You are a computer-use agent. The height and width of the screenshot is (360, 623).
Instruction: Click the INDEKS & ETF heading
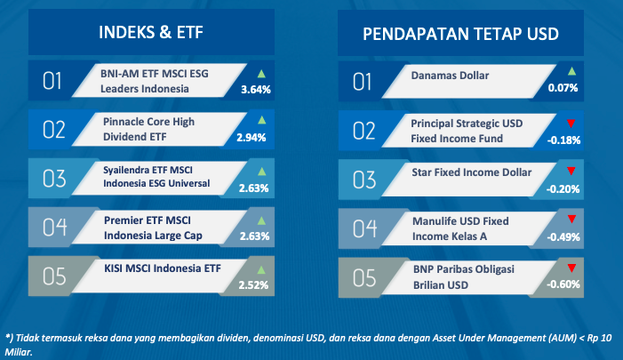(x=151, y=33)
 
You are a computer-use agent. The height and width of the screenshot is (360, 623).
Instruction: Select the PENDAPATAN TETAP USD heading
(x=460, y=34)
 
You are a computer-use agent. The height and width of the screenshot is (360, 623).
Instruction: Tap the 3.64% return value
(x=256, y=90)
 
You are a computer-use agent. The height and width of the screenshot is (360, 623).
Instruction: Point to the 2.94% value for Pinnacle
(x=252, y=138)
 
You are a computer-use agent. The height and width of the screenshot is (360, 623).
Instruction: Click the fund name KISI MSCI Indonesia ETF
(x=163, y=268)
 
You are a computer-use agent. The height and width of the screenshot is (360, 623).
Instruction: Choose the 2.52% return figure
(x=253, y=285)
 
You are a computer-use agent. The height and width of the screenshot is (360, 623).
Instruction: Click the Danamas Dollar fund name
(x=450, y=76)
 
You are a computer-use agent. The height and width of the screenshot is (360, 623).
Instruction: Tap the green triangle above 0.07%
(x=571, y=71)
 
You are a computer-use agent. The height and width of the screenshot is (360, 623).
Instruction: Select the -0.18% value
(x=563, y=140)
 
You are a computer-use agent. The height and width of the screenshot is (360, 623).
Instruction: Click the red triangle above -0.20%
(x=571, y=171)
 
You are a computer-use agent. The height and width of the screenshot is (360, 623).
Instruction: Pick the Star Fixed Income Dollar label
(x=472, y=172)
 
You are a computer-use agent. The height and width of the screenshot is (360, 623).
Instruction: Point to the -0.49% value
(x=563, y=237)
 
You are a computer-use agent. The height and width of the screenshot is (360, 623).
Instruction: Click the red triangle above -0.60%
(x=571, y=268)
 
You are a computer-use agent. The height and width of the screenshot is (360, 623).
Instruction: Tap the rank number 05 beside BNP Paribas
(x=364, y=277)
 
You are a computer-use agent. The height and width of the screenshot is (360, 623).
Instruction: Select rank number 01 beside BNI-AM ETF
(x=52, y=81)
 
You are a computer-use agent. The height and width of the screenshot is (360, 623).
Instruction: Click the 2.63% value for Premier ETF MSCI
(x=255, y=236)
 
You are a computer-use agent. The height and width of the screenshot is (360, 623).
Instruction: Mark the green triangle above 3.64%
(x=261, y=74)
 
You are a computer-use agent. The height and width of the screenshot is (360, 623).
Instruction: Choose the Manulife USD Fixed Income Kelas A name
(x=460, y=228)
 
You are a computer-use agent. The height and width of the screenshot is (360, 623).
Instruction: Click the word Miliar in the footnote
(x=18, y=352)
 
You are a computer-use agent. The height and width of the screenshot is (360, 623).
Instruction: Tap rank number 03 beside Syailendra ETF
(x=54, y=179)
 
